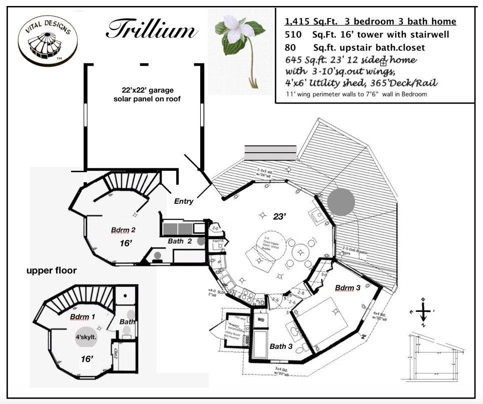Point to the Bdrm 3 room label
point(347,288)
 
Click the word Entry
point(184,201)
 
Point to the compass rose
point(423,311)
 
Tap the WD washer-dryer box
point(261,318)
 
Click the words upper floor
point(52,271)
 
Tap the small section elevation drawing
point(434,356)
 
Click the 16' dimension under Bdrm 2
point(126,243)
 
